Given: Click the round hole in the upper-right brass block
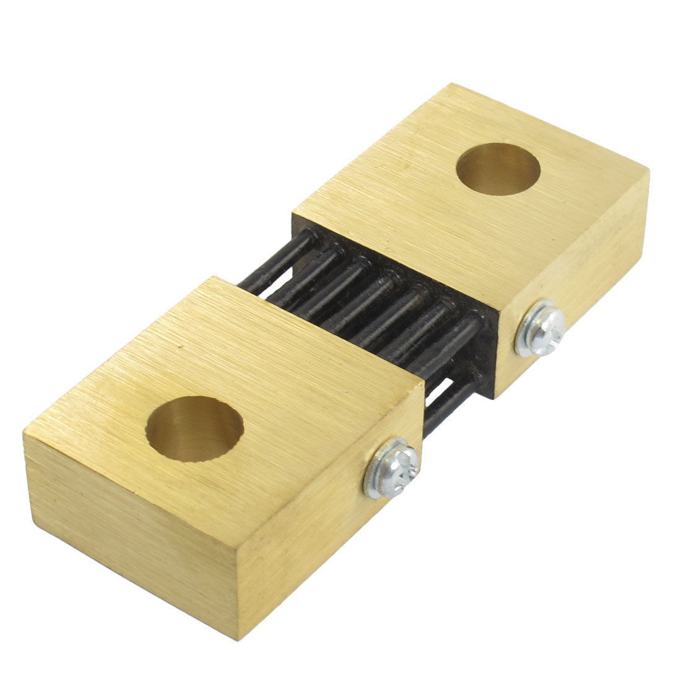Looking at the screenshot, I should pyautogui.click(x=498, y=168).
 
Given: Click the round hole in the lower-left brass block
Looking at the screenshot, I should pyautogui.click(x=194, y=430).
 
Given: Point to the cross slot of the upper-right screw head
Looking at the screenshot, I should pyautogui.click(x=545, y=324).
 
